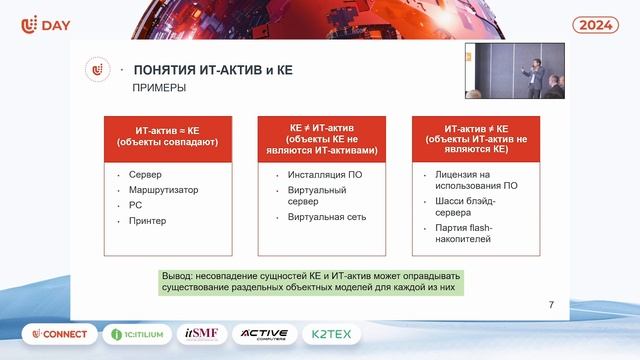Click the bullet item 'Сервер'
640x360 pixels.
[145, 175]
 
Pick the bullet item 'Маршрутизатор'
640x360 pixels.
[163, 190]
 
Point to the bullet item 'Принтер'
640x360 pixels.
[148, 221]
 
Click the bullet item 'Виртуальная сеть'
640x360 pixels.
[327, 217]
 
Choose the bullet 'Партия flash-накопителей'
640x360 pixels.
[464, 234]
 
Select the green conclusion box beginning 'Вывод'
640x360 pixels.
[313, 281]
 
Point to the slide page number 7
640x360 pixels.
[552, 305]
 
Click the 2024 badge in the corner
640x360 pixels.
[596, 24]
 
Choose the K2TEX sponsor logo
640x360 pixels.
[360, 334]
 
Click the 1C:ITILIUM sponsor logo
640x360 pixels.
[135, 334]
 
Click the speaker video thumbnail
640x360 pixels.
[514, 70]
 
